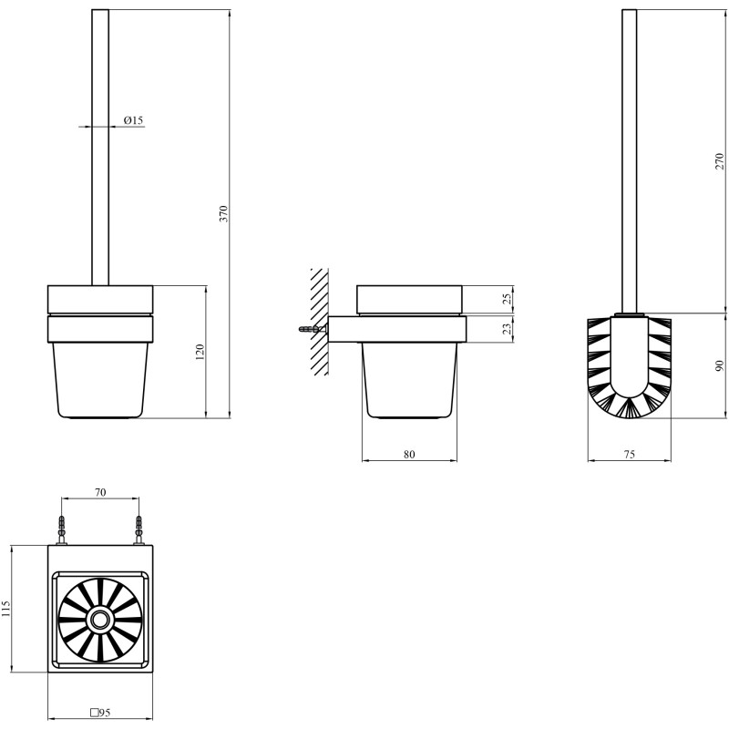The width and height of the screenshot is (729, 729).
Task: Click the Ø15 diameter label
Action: pyautogui.click(x=133, y=120)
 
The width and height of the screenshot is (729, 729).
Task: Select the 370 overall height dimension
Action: pyautogui.click(x=224, y=213)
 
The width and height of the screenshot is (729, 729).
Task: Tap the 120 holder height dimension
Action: pyautogui.click(x=200, y=353)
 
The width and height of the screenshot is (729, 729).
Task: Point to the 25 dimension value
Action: pyautogui.click(x=508, y=298)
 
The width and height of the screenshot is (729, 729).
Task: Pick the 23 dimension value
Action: pyautogui.click(x=508, y=329)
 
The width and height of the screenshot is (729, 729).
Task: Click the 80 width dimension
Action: pyautogui.click(x=409, y=454)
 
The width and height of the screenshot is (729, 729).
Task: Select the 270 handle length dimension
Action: pyautogui.click(x=720, y=161)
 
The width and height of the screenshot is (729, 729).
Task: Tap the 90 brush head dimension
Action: pyautogui.click(x=720, y=365)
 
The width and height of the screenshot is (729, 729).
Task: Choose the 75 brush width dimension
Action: pyautogui.click(x=629, y=454)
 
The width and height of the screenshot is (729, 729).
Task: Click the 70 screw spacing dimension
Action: pyautogui.click(x=100, y=492)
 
